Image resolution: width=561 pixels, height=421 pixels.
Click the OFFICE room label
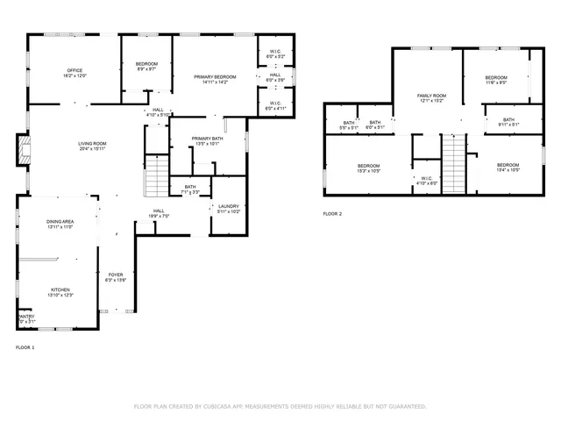(x=75, y=70)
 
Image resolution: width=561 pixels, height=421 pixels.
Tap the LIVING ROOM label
(x=92, y=144)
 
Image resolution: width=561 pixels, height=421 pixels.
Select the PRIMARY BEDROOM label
(x=215, y=77)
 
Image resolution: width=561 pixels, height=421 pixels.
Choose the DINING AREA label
(x=60, y=222)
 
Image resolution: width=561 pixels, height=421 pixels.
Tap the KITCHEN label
(x=60, y=289)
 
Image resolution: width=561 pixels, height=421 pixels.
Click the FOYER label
(x=116, y=275)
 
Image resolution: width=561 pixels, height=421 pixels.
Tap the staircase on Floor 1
(x=155, y=176)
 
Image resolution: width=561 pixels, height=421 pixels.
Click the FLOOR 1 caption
(x=25, y=348)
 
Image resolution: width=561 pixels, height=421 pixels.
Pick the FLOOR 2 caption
(x=332, y=214)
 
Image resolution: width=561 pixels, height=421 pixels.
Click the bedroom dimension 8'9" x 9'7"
(x=146, y=69)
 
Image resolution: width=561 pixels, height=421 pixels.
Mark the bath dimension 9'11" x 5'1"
(x=509, y=125)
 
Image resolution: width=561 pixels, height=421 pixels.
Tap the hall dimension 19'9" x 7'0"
(x=160, y=216)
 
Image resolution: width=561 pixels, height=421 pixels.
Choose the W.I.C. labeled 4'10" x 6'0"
(x=427, y=183)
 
